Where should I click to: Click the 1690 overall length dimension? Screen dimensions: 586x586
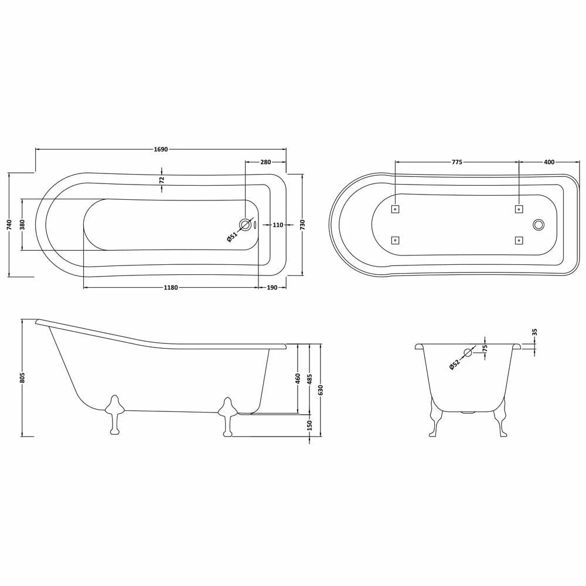coord(161,149)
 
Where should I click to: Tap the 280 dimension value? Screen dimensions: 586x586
coord(265,162)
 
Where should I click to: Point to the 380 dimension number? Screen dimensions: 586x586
coord(22,224)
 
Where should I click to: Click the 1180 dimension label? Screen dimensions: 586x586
coord(171,288)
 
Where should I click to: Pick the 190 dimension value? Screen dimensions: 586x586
coord(272,288)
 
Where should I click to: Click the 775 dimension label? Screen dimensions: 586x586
coord(457,162)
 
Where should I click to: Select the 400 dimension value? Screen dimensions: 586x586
coord(549,162)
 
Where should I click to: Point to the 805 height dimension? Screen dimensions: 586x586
coord(22,378)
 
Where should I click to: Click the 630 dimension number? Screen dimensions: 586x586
coord(321,390)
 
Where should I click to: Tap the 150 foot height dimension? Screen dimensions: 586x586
coord(309,425)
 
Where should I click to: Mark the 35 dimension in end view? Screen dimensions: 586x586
coord(534,332)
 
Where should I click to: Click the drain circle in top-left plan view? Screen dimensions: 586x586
coord(246,224)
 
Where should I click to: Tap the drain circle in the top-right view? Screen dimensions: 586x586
coord(539,224)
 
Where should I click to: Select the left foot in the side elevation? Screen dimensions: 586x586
coord(114,413)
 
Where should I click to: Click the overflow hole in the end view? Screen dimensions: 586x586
coord(468,352)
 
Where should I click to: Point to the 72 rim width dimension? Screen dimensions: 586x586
coord(162,180)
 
